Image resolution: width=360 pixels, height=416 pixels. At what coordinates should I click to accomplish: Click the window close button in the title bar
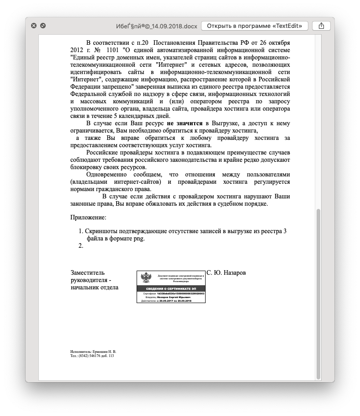click(x=34, y=26)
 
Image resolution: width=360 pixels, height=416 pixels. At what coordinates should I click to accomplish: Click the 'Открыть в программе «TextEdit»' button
click(x=255, y=26)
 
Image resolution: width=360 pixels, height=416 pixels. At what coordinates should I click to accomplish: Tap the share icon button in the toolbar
click(x=322, y=26)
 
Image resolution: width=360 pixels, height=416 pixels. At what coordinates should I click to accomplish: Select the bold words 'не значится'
click(x=185, y=123)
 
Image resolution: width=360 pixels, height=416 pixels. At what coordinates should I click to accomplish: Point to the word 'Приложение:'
click(x=89, y=218)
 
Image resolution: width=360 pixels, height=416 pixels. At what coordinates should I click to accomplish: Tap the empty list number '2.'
click(x=81, y=246)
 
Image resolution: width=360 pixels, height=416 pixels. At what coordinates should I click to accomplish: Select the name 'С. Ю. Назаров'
click(x=226, y=273)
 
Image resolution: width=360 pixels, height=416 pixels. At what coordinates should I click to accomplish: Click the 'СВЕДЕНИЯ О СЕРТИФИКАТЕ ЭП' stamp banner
click(x=171, y=289)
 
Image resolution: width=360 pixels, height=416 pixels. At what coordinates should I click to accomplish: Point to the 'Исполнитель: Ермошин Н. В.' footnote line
click(x=93, y=352)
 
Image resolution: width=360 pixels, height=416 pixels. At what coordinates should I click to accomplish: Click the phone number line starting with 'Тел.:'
click(x=92, y=356)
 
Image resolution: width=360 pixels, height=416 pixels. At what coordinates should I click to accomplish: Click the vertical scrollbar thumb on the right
click(x=318, y=293)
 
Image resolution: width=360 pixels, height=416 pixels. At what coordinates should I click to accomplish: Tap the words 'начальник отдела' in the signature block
click(x=95, y=288)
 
